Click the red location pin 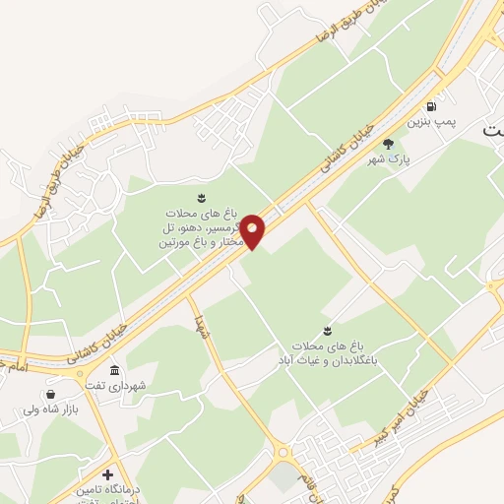click(x=253, y=229)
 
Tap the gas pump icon click(x=430, y=106)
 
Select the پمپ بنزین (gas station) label click(x=434, y=123)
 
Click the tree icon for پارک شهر click(x=401, y=143)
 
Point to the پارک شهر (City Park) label click(x=389, y=158)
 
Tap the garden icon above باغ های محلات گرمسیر click(x=202, y=197)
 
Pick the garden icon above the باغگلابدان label click(x=327, y=330)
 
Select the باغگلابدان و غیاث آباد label click(x=328, y=354)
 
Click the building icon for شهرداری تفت click(x=115, y=371)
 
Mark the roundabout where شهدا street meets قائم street click(x=284, y=453)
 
